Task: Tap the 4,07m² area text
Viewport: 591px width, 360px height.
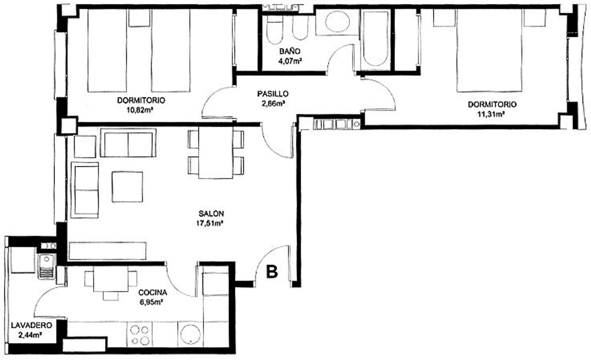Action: coord(290,61)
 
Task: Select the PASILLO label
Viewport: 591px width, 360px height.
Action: coord(273,94)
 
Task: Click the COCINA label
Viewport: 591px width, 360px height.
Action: coord(153,293)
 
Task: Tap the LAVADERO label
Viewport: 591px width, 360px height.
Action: coord(32,325)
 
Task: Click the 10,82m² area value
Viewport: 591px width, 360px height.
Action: coord(140,110)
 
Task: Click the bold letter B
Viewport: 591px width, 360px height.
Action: coord(272,272)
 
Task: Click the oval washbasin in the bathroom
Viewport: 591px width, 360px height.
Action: coord(337,22)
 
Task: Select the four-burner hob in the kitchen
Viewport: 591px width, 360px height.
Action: coord(140,335)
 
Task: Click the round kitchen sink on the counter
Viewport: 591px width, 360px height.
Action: coord(190,334)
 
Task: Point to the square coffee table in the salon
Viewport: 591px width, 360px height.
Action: coord(127,187)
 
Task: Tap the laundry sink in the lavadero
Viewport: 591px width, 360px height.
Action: coord(47,266)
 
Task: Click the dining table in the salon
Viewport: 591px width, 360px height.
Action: coord(216,153)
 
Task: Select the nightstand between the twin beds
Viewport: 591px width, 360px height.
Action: coord(139,18)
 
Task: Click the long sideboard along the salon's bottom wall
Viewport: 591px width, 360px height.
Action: coord(108,251)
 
